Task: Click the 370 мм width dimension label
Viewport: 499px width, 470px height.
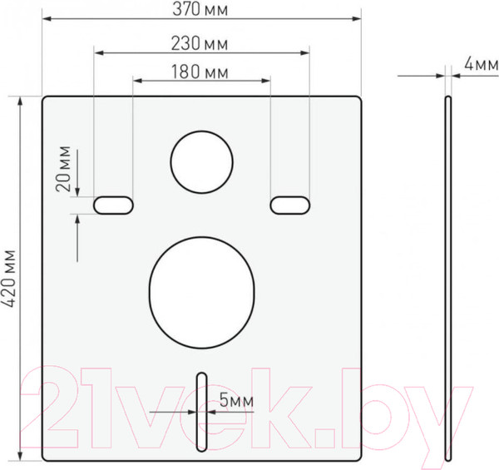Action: click(200, 9)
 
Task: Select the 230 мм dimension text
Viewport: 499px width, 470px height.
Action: click(200, 43)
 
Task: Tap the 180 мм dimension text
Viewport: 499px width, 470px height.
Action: click(200, 72)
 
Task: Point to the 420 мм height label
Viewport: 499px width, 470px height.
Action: click(8, 279)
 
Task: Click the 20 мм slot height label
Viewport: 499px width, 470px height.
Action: click(63, 169)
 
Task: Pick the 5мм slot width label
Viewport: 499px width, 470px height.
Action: click(236, 400)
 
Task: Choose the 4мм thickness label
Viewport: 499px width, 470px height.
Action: click(482, 64)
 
